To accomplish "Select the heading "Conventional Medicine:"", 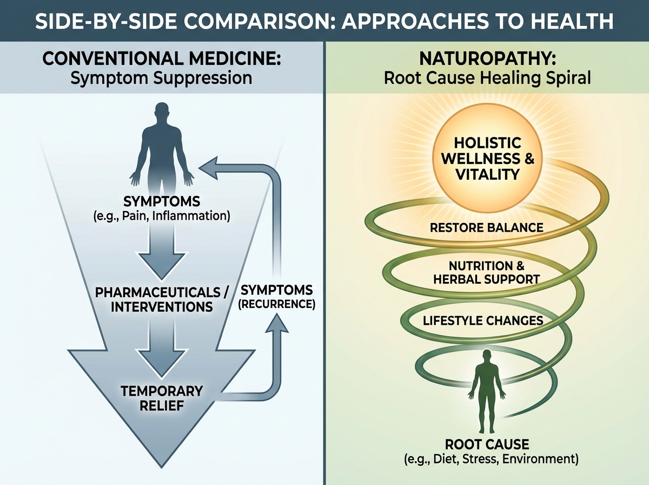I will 162,58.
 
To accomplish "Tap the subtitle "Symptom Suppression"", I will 162,78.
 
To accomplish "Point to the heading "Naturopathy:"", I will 487,58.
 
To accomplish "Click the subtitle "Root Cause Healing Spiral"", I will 487,78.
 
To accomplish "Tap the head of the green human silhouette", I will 487,357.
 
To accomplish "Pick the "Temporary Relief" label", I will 162,398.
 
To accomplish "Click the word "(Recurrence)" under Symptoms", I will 277,304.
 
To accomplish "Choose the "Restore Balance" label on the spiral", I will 486,227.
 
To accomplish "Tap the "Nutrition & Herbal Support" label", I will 486,273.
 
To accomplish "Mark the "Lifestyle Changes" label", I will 482,320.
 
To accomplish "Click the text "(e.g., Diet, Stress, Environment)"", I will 487,460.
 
